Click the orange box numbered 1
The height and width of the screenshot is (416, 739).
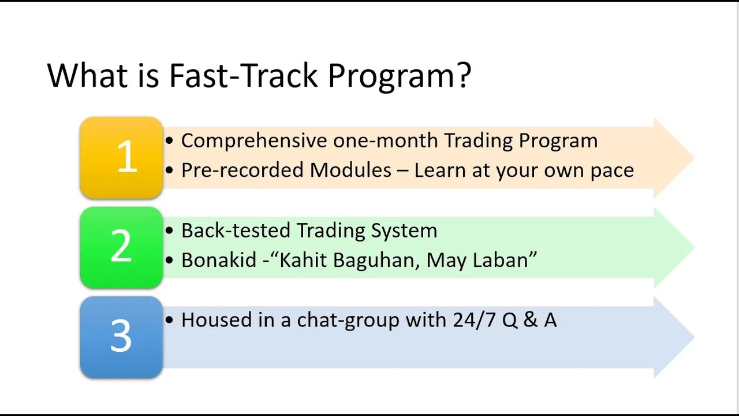click(121, 158)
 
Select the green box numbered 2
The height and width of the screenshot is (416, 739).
click(121, 247)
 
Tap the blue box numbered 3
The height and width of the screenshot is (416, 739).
click(121, 337)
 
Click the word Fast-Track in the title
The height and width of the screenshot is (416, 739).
click(244, 76)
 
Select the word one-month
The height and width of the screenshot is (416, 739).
click(386, 140)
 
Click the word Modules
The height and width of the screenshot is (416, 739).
click(350, 170)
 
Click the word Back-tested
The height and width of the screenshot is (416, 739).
click(236, 230)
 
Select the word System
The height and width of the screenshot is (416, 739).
click(404, 231)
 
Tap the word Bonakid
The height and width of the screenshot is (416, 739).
click(219, 260)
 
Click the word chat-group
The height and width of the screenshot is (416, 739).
click(348, 321)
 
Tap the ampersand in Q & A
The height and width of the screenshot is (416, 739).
click(530, 320)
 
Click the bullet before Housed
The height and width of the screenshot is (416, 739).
click(169, 320)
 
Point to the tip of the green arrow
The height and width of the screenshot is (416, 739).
click(695, 247)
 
